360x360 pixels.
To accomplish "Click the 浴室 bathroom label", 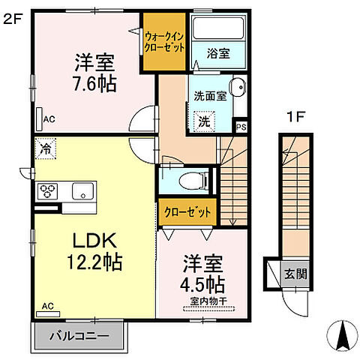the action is point(218,53).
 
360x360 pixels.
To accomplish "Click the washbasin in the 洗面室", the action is point(238,88).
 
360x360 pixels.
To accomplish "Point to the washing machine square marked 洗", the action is point(204,121).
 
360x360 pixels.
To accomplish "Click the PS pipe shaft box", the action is point(241,127).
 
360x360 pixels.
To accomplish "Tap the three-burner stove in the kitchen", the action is point(47,191).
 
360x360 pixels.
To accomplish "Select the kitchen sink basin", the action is point(83,191).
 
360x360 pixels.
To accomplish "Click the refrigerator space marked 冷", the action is point(45,148).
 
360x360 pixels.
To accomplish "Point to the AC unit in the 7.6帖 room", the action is point(39,119).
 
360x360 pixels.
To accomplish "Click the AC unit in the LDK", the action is point(48,314).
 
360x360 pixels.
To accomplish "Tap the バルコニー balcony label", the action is point(79,336).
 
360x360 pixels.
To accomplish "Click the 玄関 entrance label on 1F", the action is point(295,274).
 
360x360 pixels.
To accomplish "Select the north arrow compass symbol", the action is point(343,336).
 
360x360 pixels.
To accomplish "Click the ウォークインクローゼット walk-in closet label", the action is point(164,42).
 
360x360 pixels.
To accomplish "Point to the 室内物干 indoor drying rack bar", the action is point(208,309).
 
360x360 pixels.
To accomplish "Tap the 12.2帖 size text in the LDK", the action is point(94,262).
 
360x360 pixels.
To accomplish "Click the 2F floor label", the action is point(13,19).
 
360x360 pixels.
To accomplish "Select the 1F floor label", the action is point(296,117).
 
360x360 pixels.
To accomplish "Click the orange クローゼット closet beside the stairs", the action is point(187,212).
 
